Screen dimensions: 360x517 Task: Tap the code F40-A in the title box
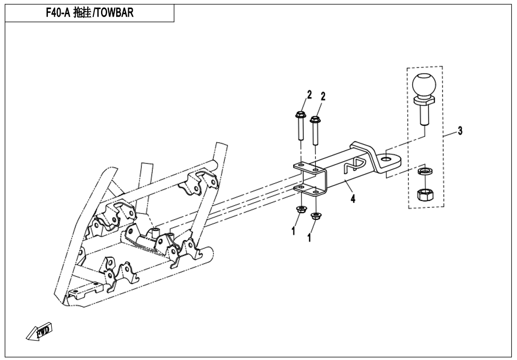tap(58, 13)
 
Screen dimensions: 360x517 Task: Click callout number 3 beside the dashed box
tap(459, 130)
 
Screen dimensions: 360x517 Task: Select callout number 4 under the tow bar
tap(353, 199)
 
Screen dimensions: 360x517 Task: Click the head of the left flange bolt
tap(300, 114)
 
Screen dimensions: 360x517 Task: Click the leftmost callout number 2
tap(309, 95)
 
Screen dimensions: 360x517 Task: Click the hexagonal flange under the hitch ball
tap(424, 100)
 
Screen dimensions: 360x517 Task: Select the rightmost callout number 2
tap(323, 96)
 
